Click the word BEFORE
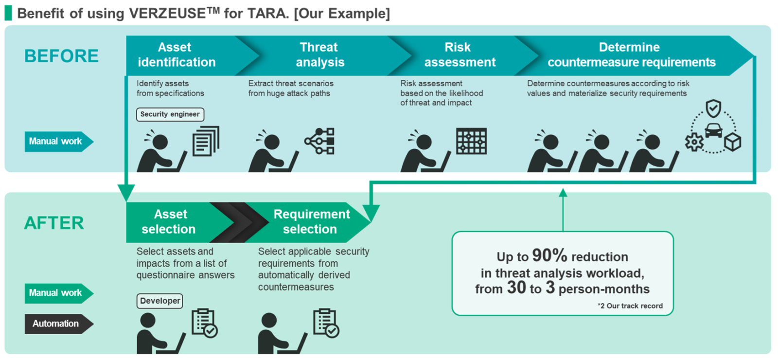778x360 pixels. click(x=61, y=56)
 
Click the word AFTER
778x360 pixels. click(x=54, y=223)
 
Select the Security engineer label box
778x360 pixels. click(x=170, y=114)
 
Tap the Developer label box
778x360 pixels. click(x=160, y=301)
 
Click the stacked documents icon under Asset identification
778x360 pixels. click(x=206, y=141)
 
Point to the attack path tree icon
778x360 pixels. click(x=319, y=141)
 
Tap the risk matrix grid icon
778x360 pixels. click(x=471, y=141)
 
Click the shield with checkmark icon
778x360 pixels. click(x=713, y=109)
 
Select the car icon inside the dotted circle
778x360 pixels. click(x=713, y=131)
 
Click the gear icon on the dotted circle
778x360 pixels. click(x=694, y=142)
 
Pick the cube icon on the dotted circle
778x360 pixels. click(x=733, y=142)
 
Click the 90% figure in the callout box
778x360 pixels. click(x=549, y=255)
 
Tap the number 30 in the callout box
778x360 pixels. click(x=516, y=288)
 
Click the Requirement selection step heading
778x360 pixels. click(x=312, y=222)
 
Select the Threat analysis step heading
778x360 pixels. click(x=320, y=54)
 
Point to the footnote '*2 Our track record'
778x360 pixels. click(x=630, y=306)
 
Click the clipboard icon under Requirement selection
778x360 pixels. click(x=326, y=323)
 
